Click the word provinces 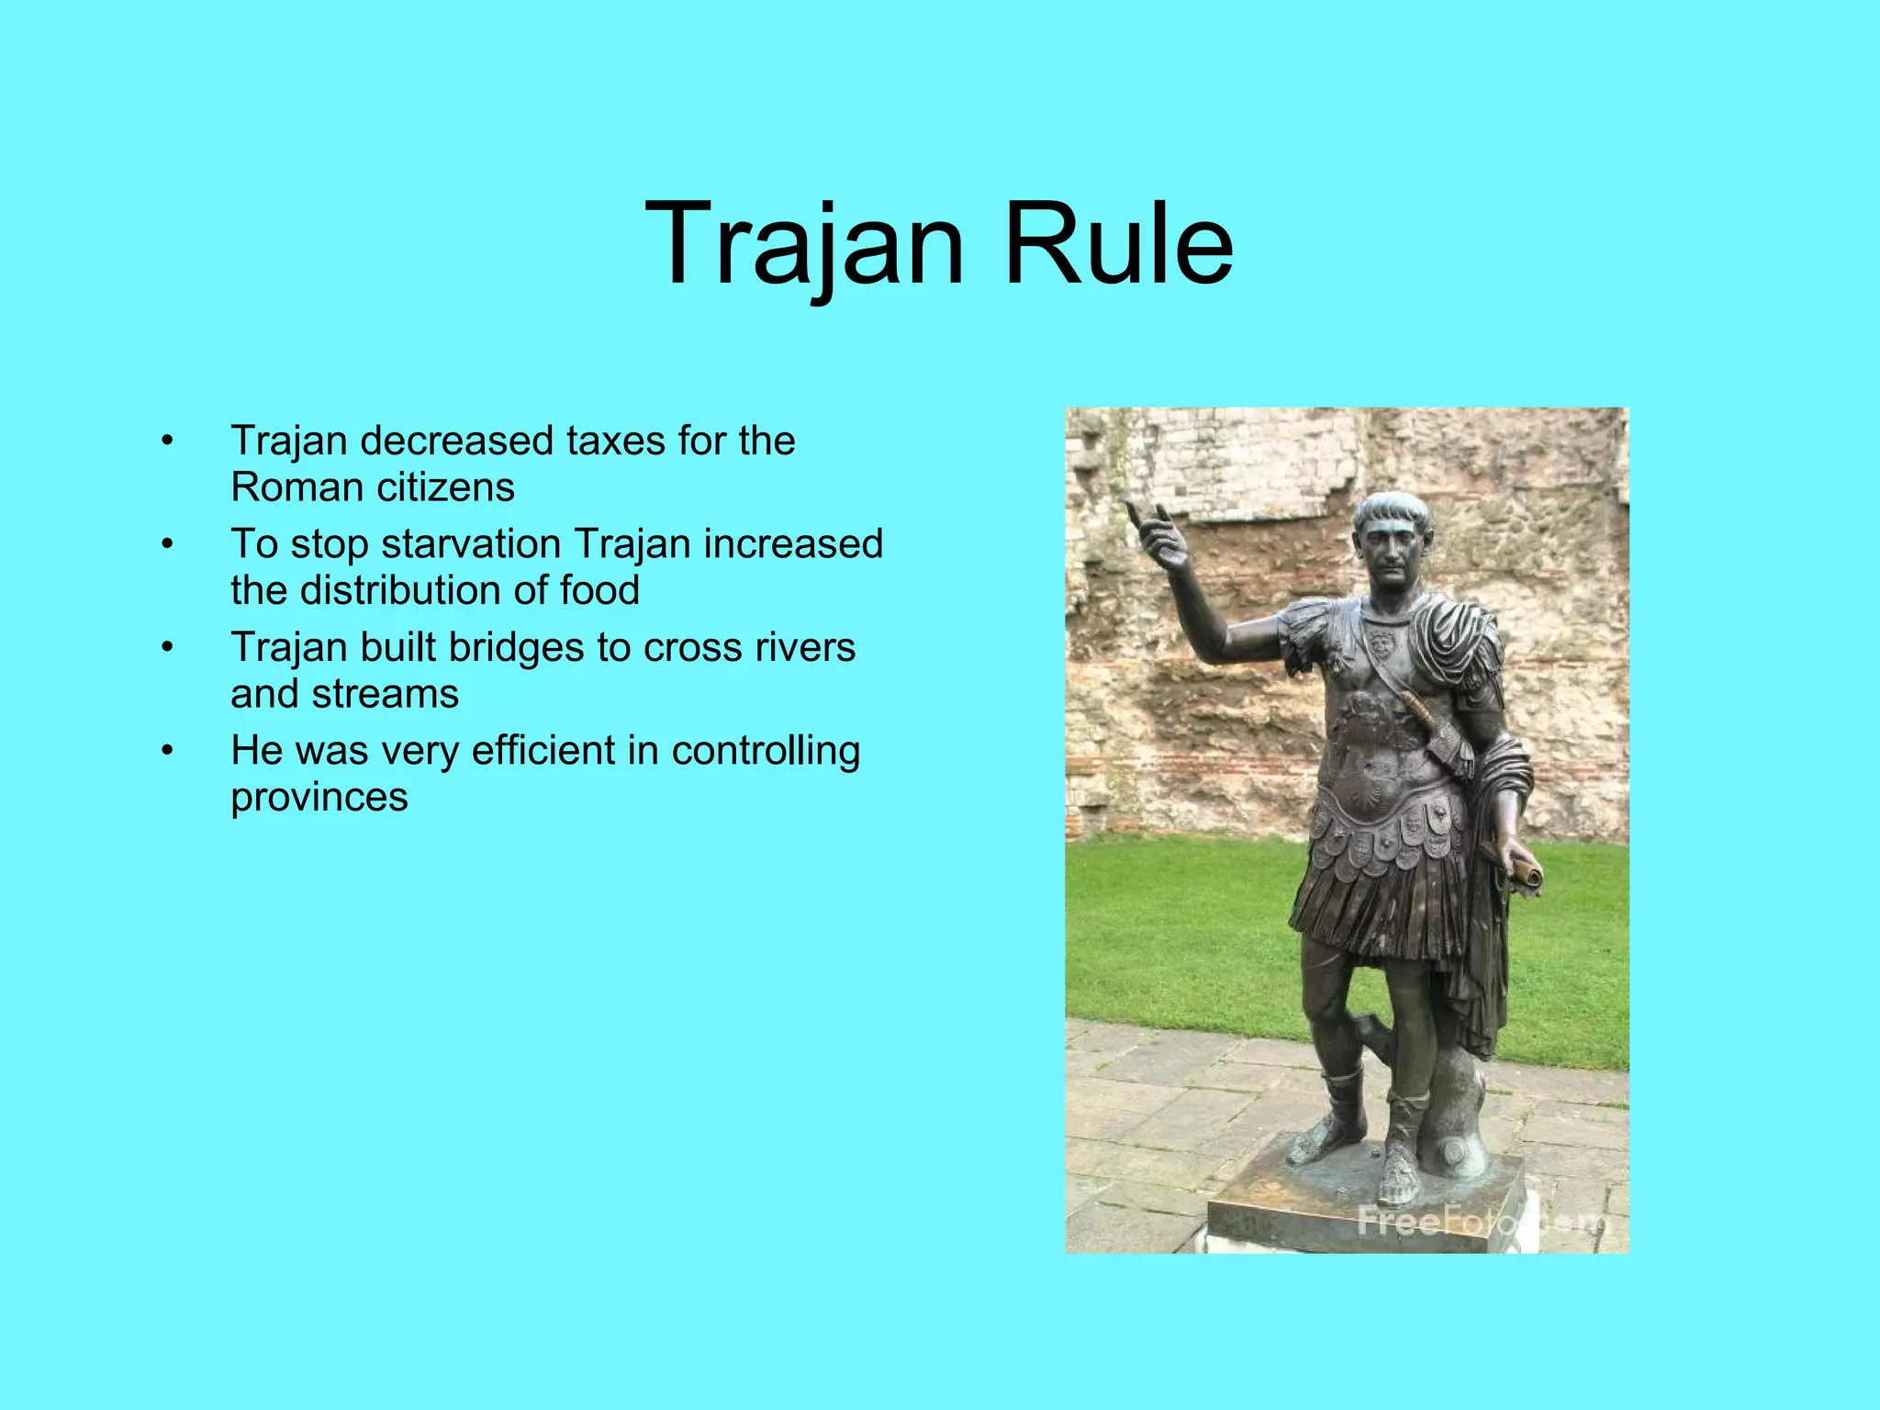319,797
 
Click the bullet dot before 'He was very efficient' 166,751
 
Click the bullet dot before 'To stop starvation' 166,544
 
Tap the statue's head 1391,537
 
